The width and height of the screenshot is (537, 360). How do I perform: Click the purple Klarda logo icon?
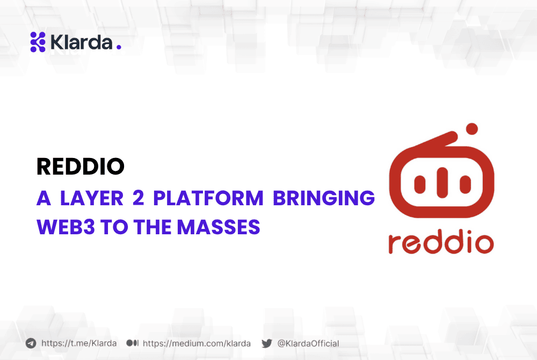tap(38, 42)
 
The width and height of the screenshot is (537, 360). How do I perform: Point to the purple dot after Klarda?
tap(119, 48)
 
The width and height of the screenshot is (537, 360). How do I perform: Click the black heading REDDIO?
tap(80, 167)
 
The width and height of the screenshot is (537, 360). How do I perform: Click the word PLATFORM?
tap(208, 198)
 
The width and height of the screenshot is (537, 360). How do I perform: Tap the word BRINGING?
tap(324, 198)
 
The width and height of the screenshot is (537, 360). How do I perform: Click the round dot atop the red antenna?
tap(472, 128)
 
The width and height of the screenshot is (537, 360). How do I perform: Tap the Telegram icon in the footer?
tap(31, 343)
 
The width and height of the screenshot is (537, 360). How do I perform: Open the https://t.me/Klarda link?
tap(79, 343)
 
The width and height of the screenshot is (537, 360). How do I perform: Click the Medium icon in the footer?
tap(132, 343)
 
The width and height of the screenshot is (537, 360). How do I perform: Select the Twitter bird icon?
tap(266, 343)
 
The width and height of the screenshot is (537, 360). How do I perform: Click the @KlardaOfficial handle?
tap(308, 343)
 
